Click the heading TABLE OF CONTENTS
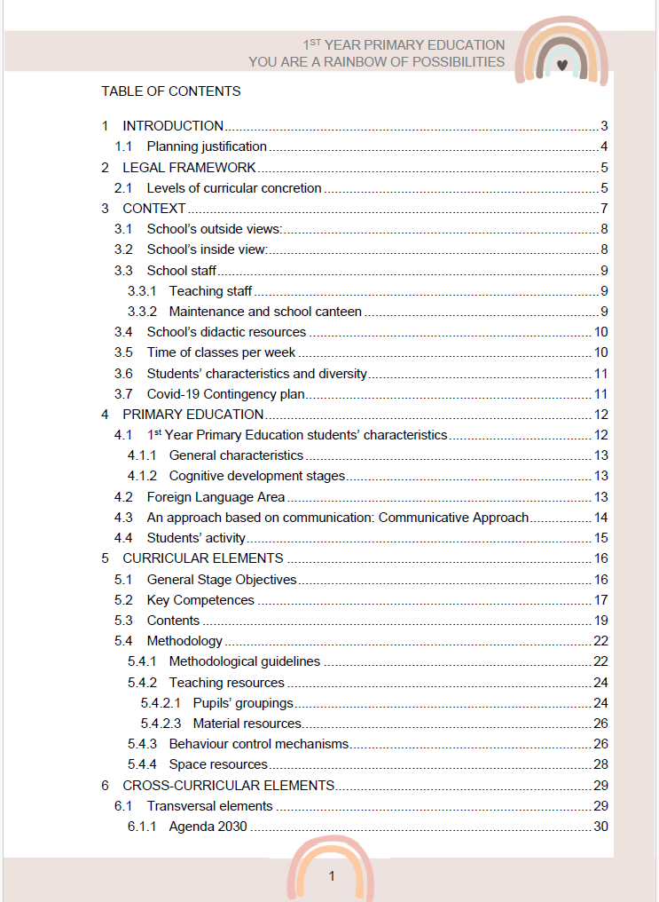(x=170, y=91)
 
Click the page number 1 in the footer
(x=332, y=876)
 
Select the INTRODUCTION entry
(x=173, y=126)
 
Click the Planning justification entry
(x=207, y=146)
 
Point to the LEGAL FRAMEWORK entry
(x=189, y=167)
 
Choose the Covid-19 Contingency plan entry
(x=226, y=394)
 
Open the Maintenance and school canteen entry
(x=265, y=312)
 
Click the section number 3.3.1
(x=142, y=291)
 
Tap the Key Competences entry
(x=200, y=600)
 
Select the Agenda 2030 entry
(x=208, y=827)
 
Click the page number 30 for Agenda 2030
(x=600, y=827)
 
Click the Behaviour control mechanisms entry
(x=259, y=744)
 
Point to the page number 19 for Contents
(x=600, y=621)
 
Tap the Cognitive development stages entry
(x=257, y=476)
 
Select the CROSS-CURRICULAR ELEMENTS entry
(x=228, y=786)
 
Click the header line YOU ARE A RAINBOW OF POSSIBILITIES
(x=376, y=62)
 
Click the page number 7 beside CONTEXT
(x=603, y=209)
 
